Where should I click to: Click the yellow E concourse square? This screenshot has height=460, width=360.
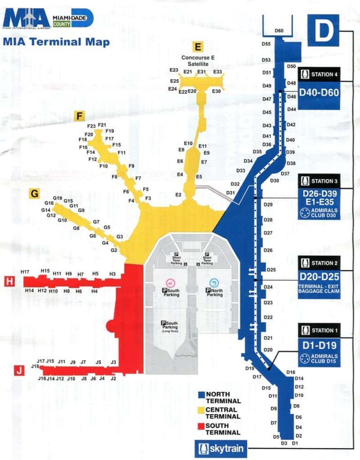click(x=198, y=46)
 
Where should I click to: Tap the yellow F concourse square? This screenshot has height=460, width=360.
click(x=80, y=116)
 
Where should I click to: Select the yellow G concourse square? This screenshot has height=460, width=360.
click(x=33, y=193)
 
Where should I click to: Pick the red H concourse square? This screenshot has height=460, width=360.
click(x=9, y=281)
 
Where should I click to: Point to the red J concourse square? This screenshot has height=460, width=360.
click(x=19, y=371)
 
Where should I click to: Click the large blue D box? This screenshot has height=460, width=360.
click(x=322, y=30)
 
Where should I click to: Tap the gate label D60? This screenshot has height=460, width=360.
click(x=279, y=31)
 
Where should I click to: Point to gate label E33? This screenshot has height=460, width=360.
click(x=217, y=72)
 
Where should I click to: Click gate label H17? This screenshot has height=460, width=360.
click(x=25, y=272)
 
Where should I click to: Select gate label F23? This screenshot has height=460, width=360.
click(x=91, y=126)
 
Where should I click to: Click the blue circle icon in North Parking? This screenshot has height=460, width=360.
click(x=214, y=282)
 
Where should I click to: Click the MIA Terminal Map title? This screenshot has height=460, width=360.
click(x=56, y=42)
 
